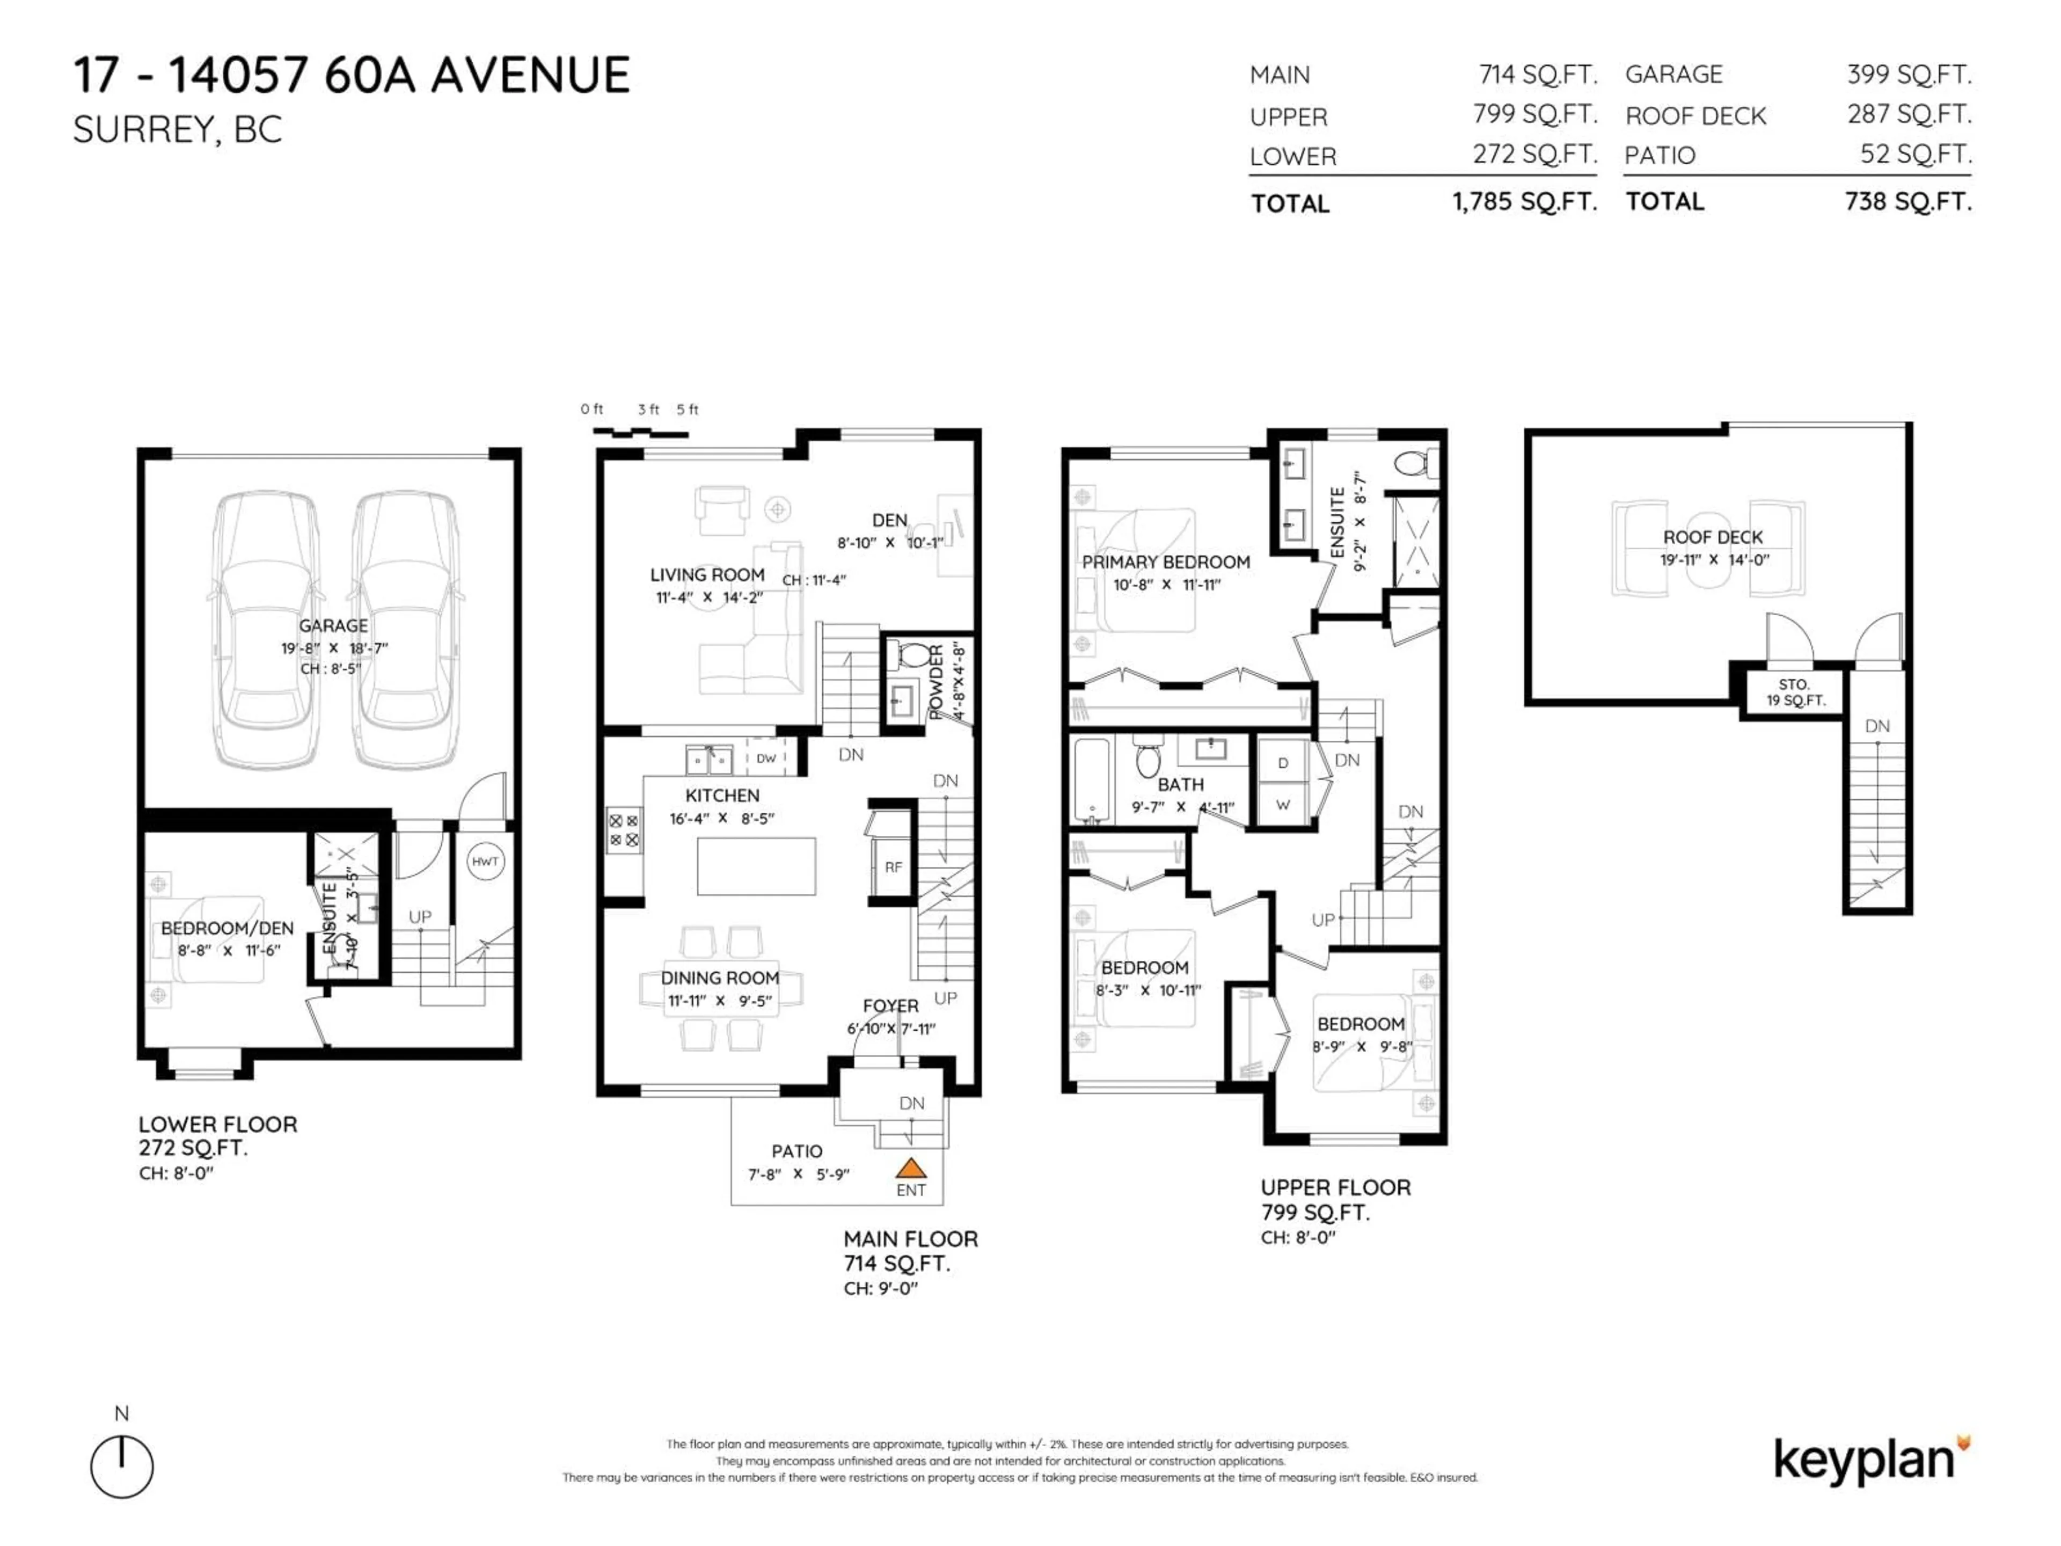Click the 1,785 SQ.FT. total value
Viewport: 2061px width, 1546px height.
1524,201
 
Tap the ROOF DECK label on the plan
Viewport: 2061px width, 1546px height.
1713,537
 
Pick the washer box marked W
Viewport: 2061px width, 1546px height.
1283,804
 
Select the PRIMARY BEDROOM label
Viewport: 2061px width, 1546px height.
1166,562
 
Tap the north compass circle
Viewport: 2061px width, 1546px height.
122,1467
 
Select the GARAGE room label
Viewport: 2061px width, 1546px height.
333,625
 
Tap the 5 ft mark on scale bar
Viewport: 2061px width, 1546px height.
688,409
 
